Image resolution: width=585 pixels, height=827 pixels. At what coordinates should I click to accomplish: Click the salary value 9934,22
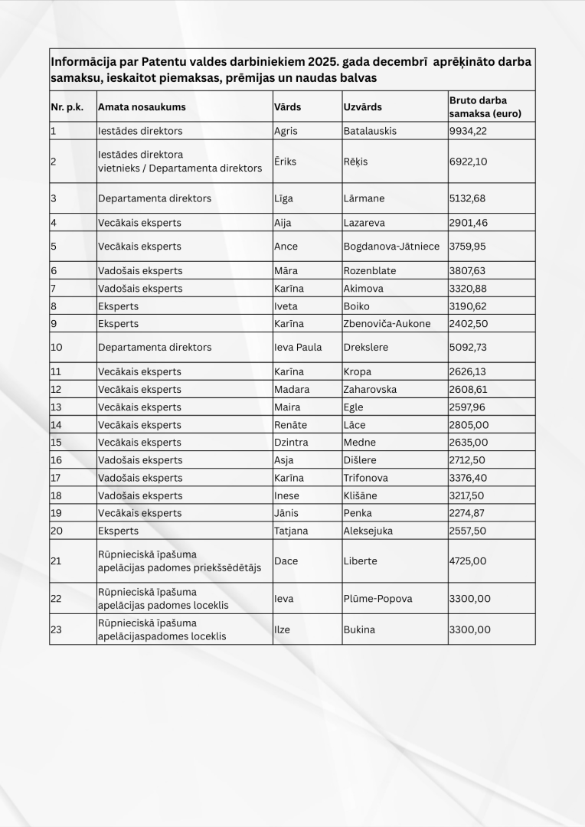pos(468,131)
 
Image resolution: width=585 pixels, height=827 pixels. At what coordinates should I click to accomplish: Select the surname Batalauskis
pos(370,131)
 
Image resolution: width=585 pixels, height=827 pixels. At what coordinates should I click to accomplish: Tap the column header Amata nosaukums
pos(142,107)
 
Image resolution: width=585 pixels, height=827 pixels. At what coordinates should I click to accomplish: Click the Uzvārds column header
pos(362,107)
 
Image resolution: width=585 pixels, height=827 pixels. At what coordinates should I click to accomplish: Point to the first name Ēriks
pos(285,162)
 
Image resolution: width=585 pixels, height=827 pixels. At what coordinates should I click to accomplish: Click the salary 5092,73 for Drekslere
pos(468,347)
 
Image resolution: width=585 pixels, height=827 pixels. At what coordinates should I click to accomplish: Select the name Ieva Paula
pos(298,347)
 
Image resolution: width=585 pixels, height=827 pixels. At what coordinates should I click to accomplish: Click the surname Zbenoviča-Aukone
pos(387,323)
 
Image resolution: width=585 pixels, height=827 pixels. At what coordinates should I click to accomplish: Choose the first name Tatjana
pos(291,531)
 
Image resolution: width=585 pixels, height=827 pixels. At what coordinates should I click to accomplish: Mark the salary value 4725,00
pos(468,561)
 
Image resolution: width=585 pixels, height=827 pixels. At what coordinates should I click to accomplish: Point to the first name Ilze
pos(282,629)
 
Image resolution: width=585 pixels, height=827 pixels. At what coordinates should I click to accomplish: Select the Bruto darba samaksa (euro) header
pos(479,106)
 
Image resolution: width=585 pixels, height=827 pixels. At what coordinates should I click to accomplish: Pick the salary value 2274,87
pos(468,513)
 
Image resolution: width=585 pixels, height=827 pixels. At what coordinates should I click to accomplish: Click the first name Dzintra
pos(290,443)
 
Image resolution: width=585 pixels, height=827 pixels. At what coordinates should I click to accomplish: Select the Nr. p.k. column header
pos(67,107)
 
